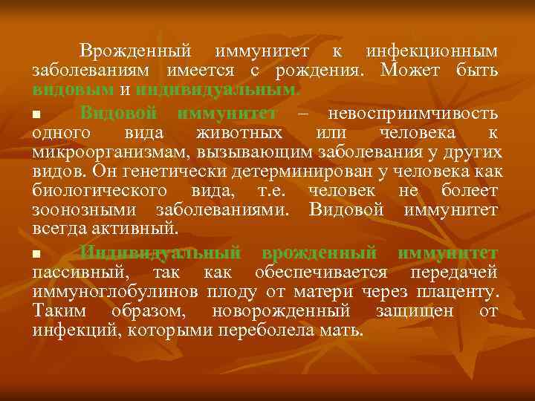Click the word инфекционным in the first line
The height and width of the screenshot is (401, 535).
pos(431,52)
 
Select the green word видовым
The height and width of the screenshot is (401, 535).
pos(73,91)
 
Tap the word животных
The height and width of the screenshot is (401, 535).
pos(239,134)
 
